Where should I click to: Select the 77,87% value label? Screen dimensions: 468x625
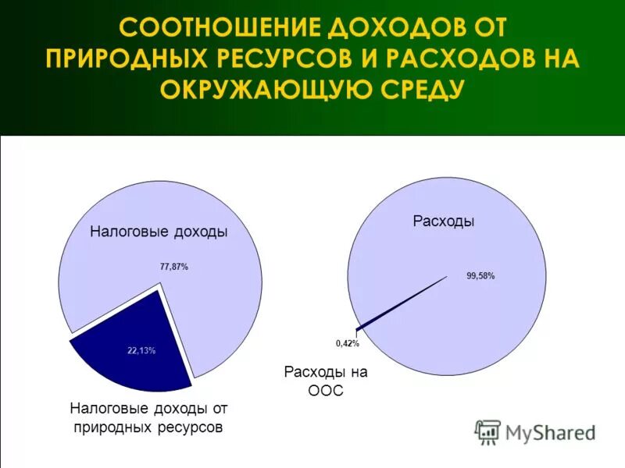tap(173, 267)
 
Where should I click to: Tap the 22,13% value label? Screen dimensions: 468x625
tap(141, 351)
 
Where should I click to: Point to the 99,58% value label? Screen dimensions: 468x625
tap(480, 275)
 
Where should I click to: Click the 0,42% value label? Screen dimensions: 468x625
tap(347, 343)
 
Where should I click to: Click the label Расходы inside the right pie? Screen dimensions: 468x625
tap(443, 222)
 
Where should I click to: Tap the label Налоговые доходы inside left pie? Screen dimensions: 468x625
tap(159, 232)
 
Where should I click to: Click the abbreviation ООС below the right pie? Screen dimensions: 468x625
tap(325, 391)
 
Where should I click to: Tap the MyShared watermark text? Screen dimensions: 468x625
tap(550, 431)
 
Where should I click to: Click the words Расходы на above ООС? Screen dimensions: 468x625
tap(325, 372)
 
